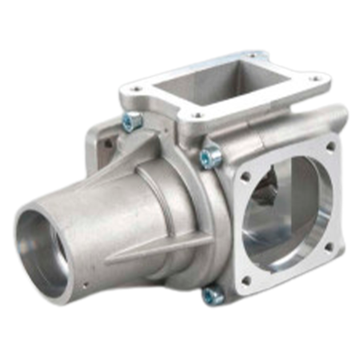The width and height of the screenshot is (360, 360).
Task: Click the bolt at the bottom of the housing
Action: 214,295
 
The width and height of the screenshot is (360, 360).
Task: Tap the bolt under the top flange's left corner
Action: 131,122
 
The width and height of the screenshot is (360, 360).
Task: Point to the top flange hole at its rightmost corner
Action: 314,79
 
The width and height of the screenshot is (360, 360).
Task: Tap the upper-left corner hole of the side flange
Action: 245,176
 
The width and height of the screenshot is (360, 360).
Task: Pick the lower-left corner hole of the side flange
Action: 245,280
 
